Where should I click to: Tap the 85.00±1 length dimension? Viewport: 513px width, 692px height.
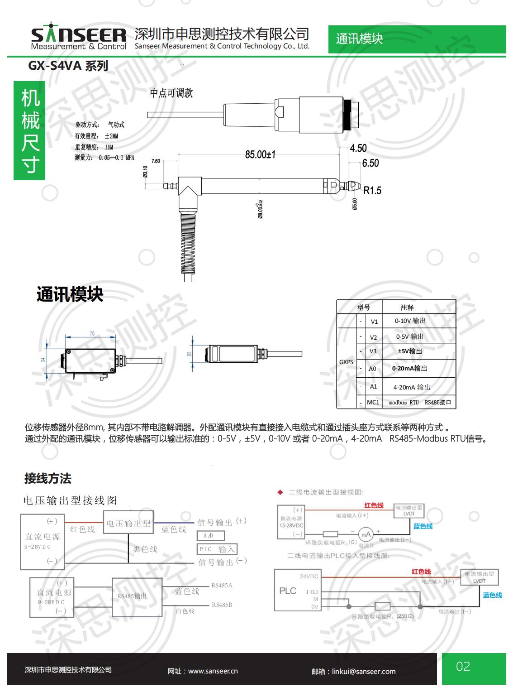[x=260, y=154]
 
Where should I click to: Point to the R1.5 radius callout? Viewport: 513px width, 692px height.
[x=372, y=191]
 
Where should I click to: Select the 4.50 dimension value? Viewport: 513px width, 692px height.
[x=358, y=148]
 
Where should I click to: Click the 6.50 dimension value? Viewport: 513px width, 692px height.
[x=370, y=163]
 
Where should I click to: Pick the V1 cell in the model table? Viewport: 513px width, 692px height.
[x=374, y=322]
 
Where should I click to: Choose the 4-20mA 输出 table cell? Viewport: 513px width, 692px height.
[x=412, y=387]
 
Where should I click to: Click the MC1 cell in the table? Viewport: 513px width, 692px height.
[x=373, y=402]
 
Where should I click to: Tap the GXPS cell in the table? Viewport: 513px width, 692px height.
[x=346, y=362]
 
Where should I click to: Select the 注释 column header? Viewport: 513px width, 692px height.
[x=407, y=308]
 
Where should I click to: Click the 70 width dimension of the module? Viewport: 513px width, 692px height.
[x=92, y=334]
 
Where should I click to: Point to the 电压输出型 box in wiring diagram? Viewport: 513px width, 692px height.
[x=128, y=524]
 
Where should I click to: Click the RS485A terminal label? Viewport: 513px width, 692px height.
[x=222, y=585]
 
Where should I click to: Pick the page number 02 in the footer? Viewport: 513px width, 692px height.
[x=463, y=666]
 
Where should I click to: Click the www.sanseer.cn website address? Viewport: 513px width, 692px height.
[x=213, y=671]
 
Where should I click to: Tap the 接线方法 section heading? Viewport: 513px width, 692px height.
[x=48, y=478]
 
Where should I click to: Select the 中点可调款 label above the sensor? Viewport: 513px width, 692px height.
[x=171, y=93]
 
